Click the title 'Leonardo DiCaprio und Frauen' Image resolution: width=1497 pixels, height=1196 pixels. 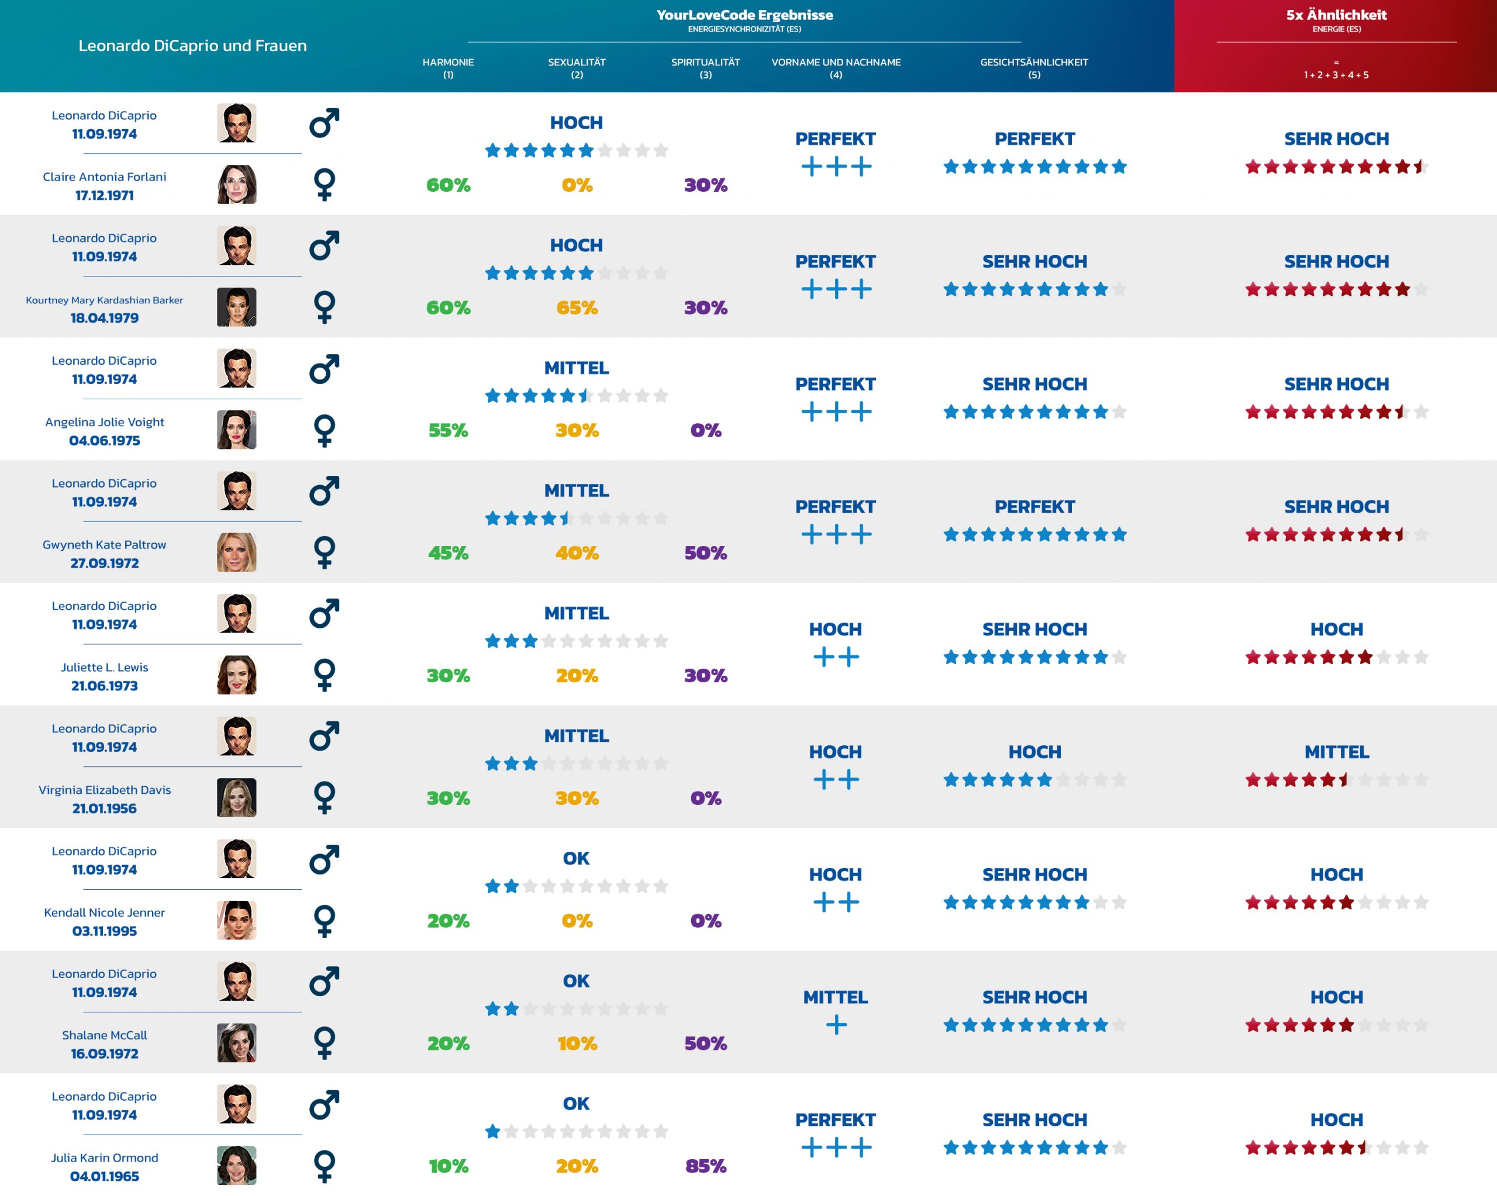[192, 46]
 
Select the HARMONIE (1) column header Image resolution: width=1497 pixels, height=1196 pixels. [448, 67]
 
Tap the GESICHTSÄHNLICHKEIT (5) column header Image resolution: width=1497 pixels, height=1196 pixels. [1034, 67]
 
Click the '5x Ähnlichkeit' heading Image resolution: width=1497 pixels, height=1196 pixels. [1336, 15]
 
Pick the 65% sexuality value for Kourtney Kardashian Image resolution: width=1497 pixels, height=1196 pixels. [577, 307]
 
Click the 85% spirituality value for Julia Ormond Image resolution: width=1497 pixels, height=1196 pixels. [705, 1166]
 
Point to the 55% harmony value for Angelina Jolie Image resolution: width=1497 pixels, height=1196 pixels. [448, 430]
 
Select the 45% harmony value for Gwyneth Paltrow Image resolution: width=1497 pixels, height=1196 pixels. [448, 553]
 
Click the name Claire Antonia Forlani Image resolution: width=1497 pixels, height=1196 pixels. [105, 177]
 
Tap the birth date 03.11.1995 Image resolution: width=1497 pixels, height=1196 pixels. [105, 931]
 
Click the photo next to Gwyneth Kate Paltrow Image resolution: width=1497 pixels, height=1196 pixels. [236, 552]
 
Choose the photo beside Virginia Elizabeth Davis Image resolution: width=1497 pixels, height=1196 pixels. [236, 797]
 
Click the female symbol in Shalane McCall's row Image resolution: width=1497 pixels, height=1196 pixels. [325, 1043]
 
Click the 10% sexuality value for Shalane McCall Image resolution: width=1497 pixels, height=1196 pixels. [577, 1043]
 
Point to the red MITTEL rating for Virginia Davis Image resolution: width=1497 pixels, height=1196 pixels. [1336, 752]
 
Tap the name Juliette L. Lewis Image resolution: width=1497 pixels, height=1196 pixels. [105, 667]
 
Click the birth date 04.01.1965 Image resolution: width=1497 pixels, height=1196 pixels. [105, 1176]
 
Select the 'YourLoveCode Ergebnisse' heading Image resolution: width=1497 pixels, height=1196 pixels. [744, 15]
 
